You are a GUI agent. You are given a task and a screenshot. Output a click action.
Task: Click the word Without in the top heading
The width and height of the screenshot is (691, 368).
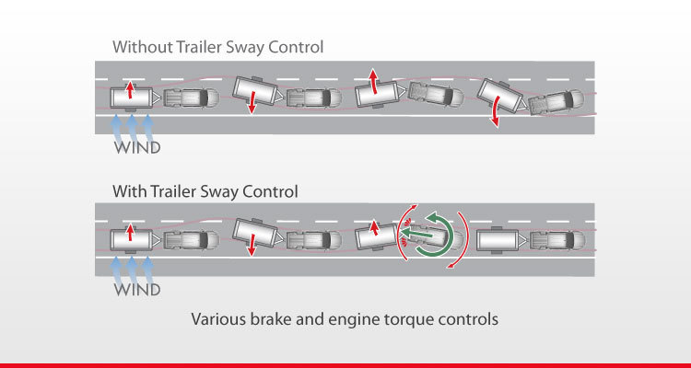pos(138,47)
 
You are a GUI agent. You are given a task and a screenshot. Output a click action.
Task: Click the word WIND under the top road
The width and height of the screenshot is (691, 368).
pos(137,147)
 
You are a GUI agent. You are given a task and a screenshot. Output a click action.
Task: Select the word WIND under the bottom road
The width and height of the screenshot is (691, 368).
pos(137,290)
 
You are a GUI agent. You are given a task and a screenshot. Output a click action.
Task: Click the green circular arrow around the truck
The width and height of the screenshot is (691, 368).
pos(435,234)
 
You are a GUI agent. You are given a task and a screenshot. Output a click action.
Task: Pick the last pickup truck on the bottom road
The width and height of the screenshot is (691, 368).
pos(557,240)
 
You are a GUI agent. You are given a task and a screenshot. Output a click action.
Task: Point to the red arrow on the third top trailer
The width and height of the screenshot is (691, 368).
pos(374,82)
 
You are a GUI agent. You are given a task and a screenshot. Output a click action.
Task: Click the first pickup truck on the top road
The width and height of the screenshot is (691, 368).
pos(192,98)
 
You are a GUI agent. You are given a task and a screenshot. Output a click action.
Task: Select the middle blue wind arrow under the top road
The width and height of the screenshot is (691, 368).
pos(132,129)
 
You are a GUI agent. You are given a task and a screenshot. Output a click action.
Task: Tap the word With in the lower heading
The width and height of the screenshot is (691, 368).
pos(130,191)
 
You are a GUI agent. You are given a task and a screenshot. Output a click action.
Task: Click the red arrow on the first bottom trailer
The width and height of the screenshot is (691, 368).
pos(130,233)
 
